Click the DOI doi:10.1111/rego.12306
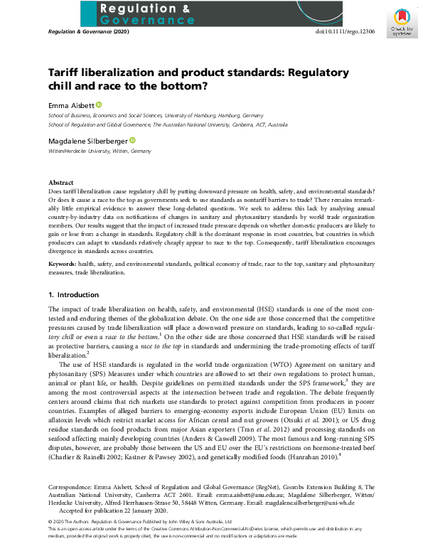pyautogui.click(x=346, y=33)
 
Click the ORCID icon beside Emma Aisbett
pyautogui.click(x=98, y=105)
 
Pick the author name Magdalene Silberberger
pyautogui.click(x=87, y=141)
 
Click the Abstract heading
pyautogui.click(x=60, y=183)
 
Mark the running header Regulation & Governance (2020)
pyautogui.click(x=89, y=33)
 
